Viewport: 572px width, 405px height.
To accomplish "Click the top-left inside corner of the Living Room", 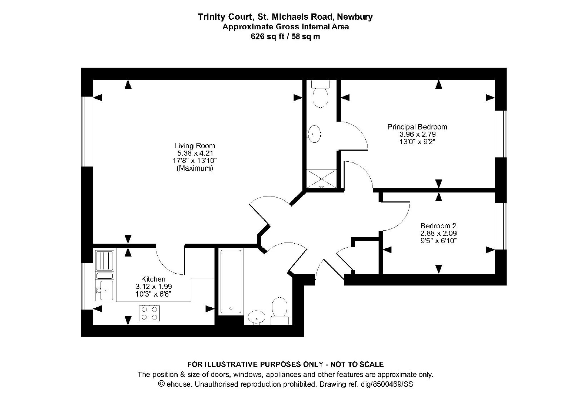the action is (x=93, y=80).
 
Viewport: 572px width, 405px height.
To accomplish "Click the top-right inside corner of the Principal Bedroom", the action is (x=495, y=80).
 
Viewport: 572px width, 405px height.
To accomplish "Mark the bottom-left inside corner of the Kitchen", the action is (x=93, y=325).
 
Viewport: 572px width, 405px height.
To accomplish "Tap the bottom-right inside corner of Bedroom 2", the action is (x=495, y=274).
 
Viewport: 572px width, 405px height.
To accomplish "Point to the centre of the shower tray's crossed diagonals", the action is (x=321, y=179).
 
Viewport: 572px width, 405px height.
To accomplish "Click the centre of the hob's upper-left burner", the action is (x=144, y=309).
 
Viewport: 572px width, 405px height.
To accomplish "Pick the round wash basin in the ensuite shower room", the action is (x=314, y=134).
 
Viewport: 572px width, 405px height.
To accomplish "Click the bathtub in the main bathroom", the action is (x=231, y=281).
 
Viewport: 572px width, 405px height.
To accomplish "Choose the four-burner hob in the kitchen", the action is (x=149, y=313).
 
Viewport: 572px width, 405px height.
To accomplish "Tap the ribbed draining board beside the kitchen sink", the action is (x=104, y=260).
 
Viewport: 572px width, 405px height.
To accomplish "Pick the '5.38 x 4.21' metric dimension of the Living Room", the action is (x=195, y=153).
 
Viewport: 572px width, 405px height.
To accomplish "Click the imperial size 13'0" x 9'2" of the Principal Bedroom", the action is (x=417, y=142).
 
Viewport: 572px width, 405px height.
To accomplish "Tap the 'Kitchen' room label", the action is (x=153, y=279).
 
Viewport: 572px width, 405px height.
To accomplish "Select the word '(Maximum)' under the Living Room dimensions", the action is (x=195, y=168).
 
